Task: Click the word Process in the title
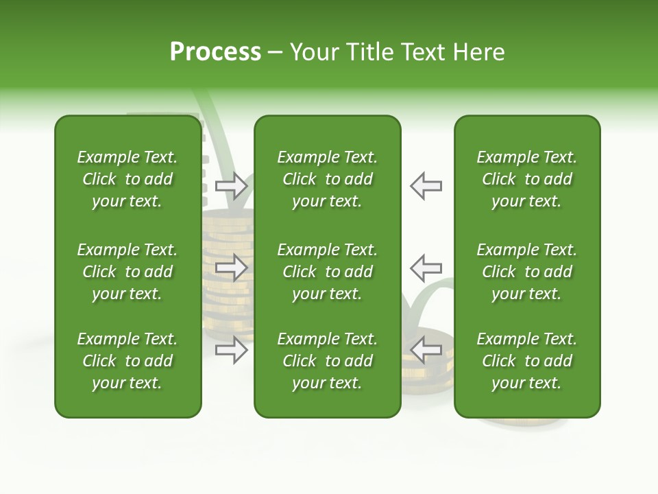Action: click(215, 52)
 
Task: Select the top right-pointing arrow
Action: click(231, 186)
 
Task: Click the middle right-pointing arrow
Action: click(231, 268)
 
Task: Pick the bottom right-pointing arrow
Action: click(231, 350)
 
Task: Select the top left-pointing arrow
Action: click(426, 186)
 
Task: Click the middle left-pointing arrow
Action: click(426, 268)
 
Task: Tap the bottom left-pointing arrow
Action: click(426, 350)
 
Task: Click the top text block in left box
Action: click(127, 179)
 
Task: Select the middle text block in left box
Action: click(127, 272)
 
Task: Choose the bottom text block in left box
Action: click(127, 361)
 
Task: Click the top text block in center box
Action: click(327, 179)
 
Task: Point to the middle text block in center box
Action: click(327, 272)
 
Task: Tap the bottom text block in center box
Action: click(327, 361)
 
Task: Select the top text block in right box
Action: click(526, 179)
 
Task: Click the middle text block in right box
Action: click(526, 272)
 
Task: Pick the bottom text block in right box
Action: click(526, 361)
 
